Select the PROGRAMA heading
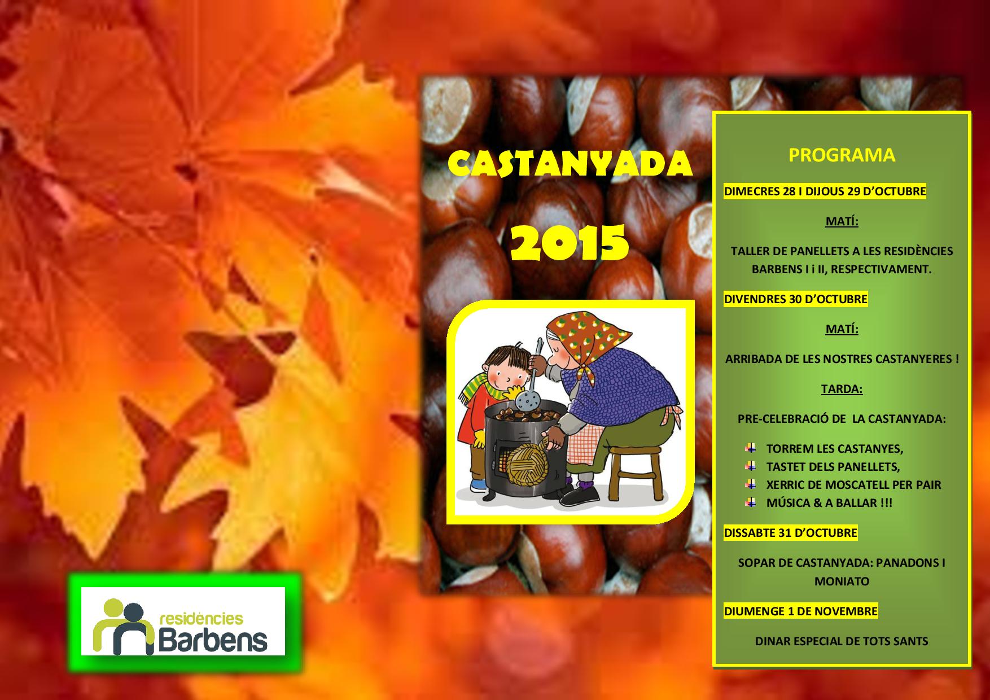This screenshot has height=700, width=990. pos(842,155)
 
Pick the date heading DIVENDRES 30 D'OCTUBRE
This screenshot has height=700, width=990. pos(795,299)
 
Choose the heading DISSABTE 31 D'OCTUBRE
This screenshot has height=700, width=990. pos(790,533)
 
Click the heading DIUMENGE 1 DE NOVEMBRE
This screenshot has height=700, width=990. pos(800,611)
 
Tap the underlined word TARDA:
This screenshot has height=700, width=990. pos(842,389)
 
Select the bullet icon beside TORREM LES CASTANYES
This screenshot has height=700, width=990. pos(751,448)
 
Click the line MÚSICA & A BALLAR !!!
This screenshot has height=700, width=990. pos(829,502)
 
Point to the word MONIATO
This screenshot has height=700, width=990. pos(842,581)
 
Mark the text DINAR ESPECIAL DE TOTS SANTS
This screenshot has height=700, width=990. pos(842,641)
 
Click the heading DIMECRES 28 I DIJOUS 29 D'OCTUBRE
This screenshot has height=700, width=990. pos(825,191)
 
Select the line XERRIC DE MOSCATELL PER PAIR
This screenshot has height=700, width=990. pos(853,484)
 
